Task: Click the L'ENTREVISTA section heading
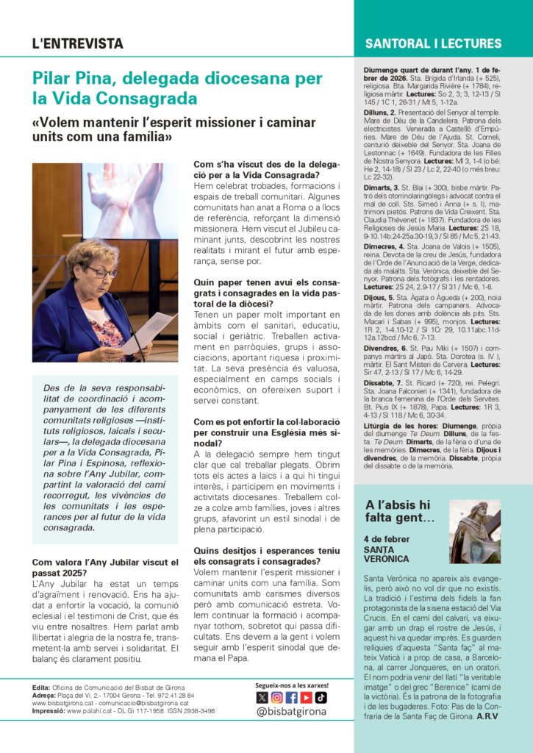(x=77, y=43)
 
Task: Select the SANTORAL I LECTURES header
(x=433, y=43)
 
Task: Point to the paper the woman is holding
(x=149, y=331)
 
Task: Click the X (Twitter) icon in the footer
(x=262, y=698)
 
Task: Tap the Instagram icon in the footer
(x=276, y=698)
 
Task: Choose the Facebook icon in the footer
(x=291, y=698)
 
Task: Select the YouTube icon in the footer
(x=306, y=698)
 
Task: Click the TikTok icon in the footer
(x=321, y=698)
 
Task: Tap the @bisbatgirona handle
(x=292, y=713)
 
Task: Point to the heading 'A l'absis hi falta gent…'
(x=399, y=512)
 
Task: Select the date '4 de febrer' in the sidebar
(x=387, y=539)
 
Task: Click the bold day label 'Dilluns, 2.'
(x=381, y=113)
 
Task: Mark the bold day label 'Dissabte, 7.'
(x=383, y=383)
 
